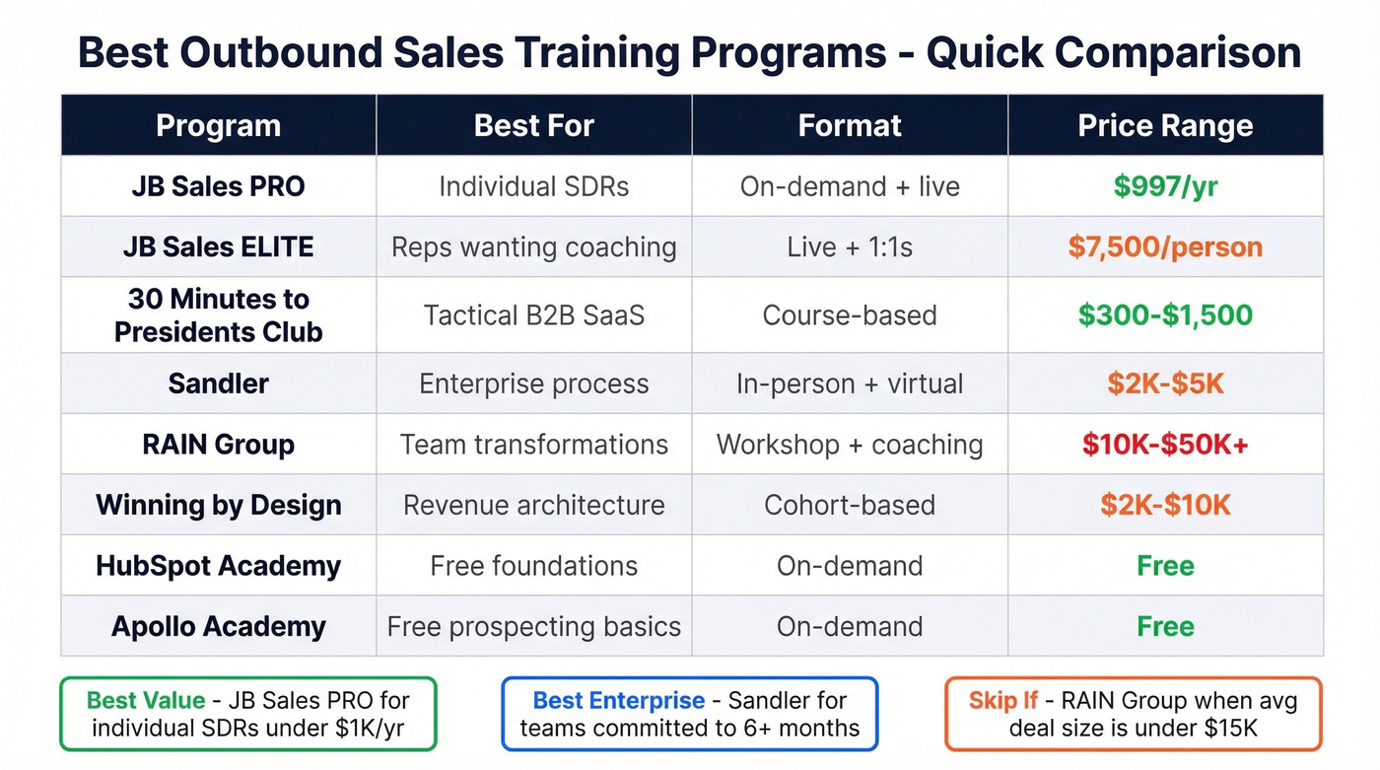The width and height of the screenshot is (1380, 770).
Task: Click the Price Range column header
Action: pos(1165,126)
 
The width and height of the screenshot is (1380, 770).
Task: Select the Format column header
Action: pos(850,126)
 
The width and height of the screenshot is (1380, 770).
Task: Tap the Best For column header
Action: pos(533,126)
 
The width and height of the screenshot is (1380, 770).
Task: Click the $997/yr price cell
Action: pos(1165,186)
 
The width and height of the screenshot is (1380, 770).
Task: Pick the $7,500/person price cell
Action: pos(1165,246)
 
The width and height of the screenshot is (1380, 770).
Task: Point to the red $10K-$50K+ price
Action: pos(1165,445)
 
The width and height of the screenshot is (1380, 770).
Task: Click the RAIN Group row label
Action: pos(218,445)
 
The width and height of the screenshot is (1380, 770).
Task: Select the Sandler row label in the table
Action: pos(218,384)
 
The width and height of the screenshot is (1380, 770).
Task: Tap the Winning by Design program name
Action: pos(218,506)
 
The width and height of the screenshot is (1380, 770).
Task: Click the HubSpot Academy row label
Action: pos(218,566)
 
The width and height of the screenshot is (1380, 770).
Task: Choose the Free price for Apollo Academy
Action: pos(1165,626)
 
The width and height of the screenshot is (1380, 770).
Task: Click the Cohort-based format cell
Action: pos(850,506)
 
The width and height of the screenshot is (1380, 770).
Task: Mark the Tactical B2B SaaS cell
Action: pos(533,315)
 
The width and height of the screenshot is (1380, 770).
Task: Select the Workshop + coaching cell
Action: pos(850,445)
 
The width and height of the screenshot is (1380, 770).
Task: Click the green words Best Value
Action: pos(146,701)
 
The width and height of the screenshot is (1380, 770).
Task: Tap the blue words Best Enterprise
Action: pos(618,701)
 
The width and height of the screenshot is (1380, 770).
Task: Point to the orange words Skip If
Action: pos(1002,701)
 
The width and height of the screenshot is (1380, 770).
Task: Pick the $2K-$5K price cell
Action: pos(1165,384)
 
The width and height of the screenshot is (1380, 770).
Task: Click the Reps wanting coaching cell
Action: pos(533,246)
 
